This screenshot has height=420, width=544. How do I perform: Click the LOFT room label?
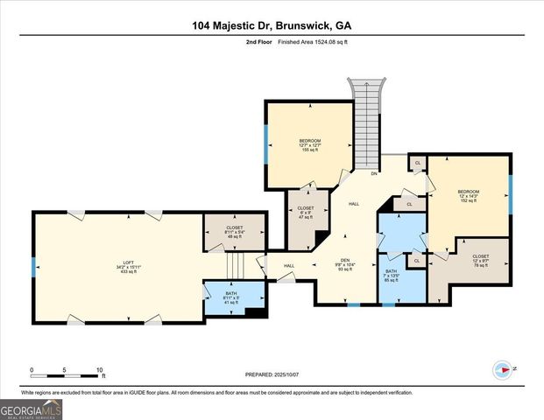click(x=128, y=267)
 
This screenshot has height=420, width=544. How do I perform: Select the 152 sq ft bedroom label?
click(x=468, y=195)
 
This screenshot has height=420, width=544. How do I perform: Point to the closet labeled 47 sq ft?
click(x=306, y=212)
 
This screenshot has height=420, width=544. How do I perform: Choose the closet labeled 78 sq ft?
click(x=480, y=260)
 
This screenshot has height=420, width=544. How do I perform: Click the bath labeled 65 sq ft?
click(x=391, y=276)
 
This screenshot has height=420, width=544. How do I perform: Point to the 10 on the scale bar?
click(x=100, y=369)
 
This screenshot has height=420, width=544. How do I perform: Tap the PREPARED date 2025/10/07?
click(x=272, y=374)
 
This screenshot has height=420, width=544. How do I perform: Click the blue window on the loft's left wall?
click(x=33, y=266)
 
